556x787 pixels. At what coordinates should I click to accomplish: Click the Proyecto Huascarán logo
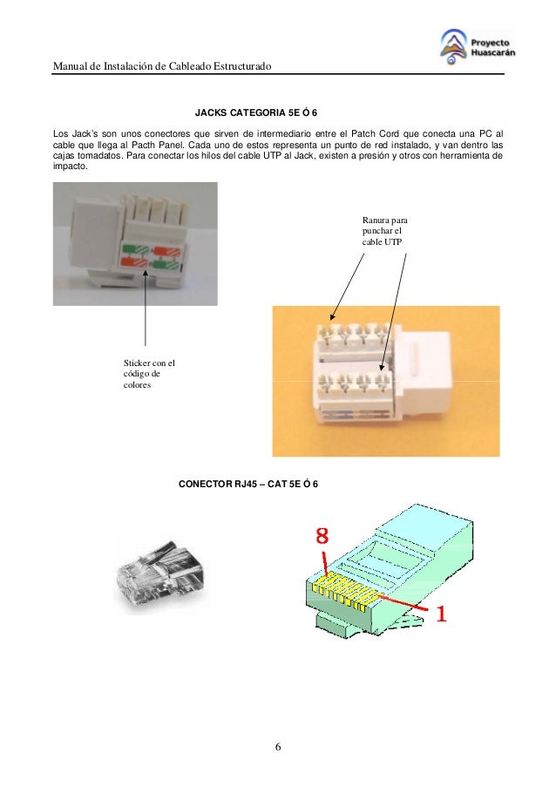tap(478, 47)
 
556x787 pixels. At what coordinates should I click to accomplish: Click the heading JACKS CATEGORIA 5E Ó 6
tap(256, 112)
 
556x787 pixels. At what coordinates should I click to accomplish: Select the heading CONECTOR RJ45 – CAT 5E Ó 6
tap(248, 484)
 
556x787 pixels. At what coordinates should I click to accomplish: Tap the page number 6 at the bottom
tap(278, 747)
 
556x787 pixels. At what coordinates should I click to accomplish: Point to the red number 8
tap(322, 535)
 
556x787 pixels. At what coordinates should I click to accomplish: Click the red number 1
tap(441, 613)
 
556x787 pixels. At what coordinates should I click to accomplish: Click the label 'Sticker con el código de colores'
tap(149, 374)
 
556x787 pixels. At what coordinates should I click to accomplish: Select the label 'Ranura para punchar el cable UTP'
tap(385, 231)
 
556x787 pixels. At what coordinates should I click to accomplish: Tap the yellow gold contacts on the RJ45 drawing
tap(344, 593)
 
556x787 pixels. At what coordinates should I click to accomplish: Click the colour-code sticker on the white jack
tap(152, 256)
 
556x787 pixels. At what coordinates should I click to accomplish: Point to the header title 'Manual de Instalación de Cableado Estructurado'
tap(162, 65)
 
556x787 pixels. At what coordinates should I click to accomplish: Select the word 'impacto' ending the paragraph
tap(71, 166)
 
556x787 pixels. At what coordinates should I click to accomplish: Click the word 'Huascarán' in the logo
tap(492, 52)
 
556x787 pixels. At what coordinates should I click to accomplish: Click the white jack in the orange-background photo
tap(383, 374)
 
